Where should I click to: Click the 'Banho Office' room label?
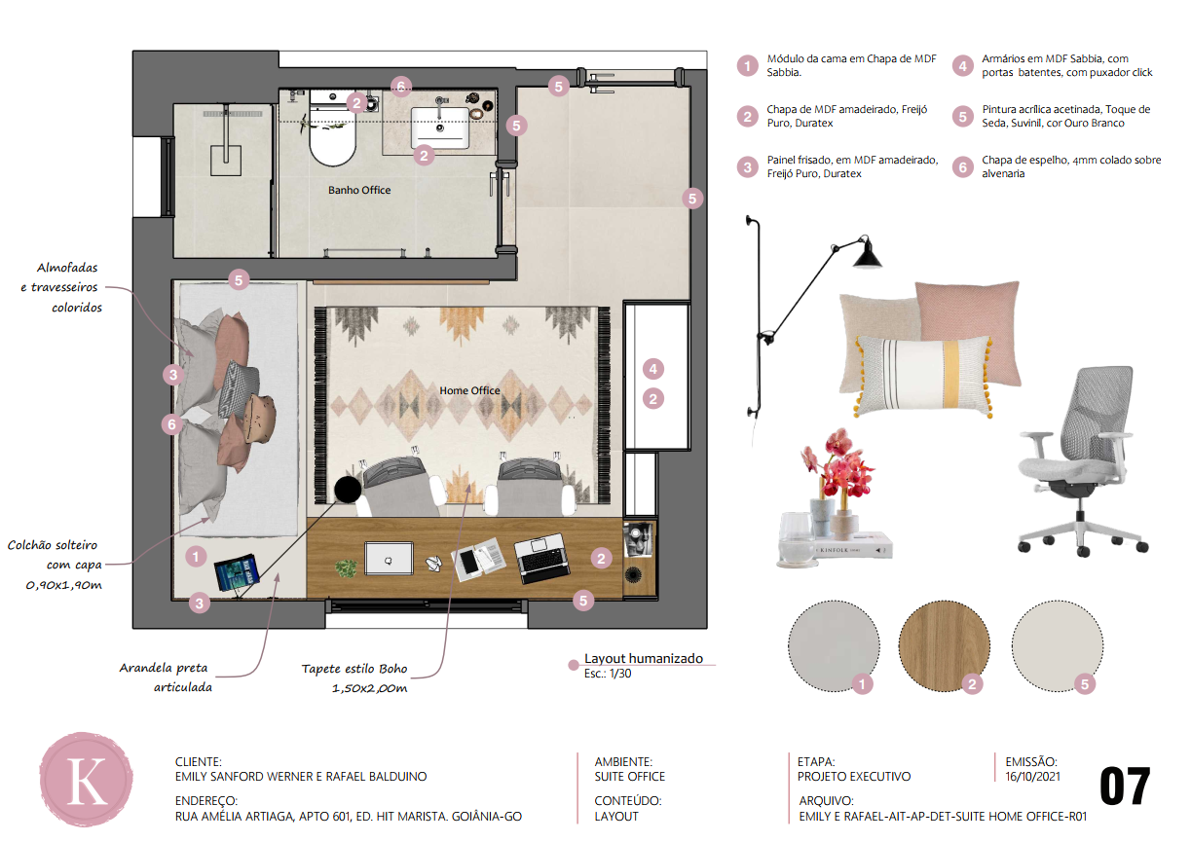[x=359, y=190]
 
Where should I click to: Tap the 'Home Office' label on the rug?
[x=469, y=390]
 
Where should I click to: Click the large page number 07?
[x=1125, y=787]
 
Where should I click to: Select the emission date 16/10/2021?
[x=1032, y=777]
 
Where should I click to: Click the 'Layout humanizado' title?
[x=643, y=659]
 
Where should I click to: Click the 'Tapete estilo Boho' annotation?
[x=354, y=670]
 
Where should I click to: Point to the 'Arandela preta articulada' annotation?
[x=166, y=677]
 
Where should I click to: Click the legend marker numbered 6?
[x=962, y=167]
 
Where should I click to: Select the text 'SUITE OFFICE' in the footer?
[x=630, y=777]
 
